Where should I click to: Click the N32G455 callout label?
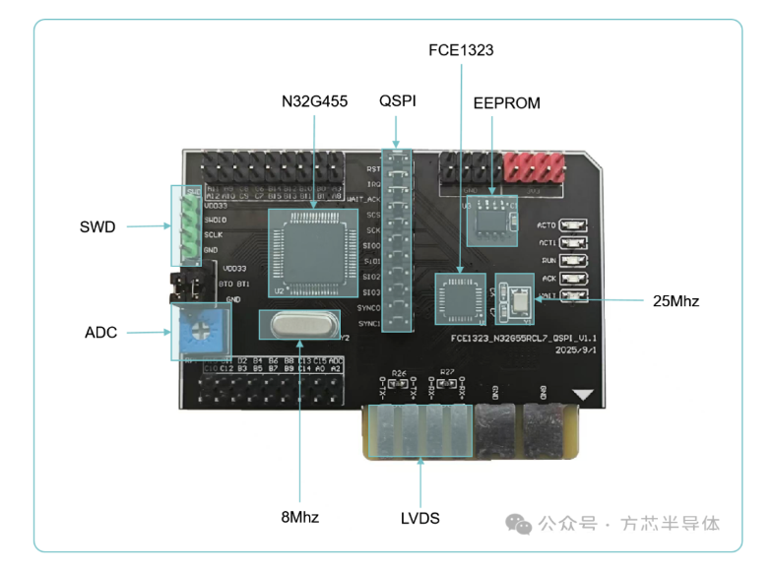(x=314, y=101)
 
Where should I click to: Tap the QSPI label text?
(x=397, y=101)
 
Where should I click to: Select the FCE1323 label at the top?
(x=461, y=50)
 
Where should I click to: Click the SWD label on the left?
(x=97, y=227)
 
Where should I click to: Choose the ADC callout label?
(x=100, y=333)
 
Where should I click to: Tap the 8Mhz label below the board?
(x=299, y=516)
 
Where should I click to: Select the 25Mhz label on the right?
(x=676, y=301)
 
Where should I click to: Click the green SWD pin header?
(x=185, y=225)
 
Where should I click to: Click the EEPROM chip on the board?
(x=490, y=220)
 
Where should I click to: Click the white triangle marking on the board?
(x=586, y=395)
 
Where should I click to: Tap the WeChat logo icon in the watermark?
(x=519, y=524)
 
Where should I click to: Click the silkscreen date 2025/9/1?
(x=576, y=350)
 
